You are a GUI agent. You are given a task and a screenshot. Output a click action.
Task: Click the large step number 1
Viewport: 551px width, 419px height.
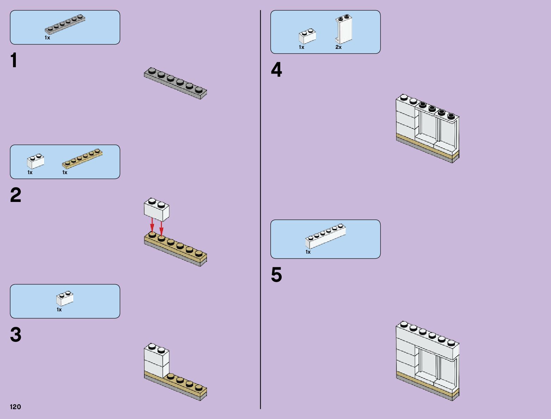coord(14,61)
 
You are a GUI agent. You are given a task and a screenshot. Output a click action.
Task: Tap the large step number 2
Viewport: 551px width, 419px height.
coord(15,195)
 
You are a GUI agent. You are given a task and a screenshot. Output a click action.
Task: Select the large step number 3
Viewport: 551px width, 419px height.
coord(15,335)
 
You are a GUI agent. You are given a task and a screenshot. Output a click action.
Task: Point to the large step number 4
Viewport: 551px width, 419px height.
coord(276,70)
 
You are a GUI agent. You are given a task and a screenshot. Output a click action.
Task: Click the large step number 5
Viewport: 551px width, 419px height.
coord(276,275)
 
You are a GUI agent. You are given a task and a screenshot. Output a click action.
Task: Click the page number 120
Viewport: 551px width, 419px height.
coord(15,407)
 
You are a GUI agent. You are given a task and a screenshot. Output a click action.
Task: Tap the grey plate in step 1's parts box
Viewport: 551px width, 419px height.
coord(65,25)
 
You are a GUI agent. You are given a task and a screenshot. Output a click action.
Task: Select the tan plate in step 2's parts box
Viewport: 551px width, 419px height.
coord(82,159)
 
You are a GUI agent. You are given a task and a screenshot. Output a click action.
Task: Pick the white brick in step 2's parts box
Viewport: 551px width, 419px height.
coord(36,161)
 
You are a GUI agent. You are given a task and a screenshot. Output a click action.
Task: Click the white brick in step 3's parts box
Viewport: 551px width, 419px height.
coord(65,298)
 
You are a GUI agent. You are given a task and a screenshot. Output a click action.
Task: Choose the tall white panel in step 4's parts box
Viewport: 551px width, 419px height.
coord(344,30)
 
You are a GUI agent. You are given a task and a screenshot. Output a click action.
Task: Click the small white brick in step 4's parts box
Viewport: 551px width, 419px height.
coord(307,36)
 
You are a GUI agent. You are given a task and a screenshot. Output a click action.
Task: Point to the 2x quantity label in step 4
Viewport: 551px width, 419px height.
coord(338,47)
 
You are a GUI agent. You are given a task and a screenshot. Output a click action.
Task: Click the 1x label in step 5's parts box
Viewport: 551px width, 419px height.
coord(308,252)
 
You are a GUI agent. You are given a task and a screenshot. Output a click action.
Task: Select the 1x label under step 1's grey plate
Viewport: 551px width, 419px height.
coord(47,38)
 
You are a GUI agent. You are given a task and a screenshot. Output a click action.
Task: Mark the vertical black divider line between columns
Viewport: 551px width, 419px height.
coord(261,211)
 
